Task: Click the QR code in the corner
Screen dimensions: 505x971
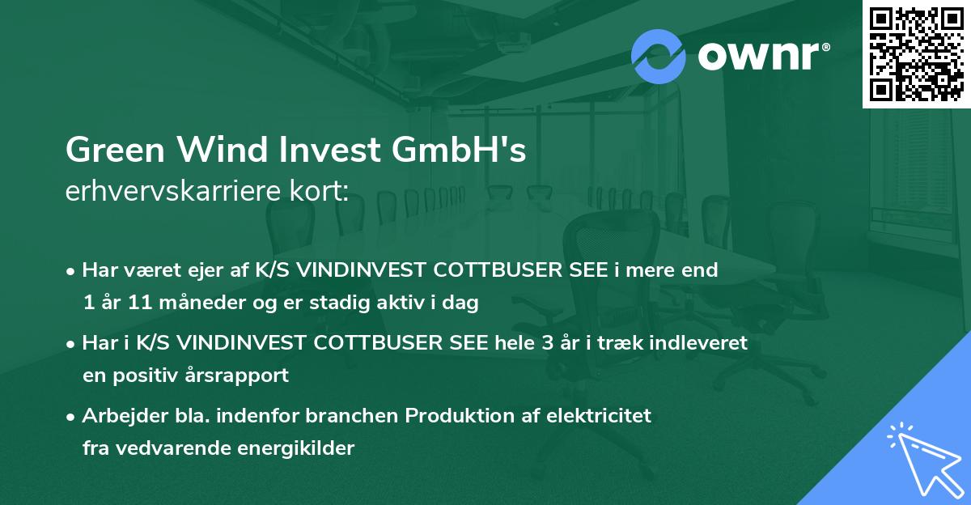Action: (917, 54)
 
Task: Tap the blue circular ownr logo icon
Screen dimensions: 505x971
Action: (659, 57)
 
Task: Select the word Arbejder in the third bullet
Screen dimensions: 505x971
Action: (119, 416)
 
